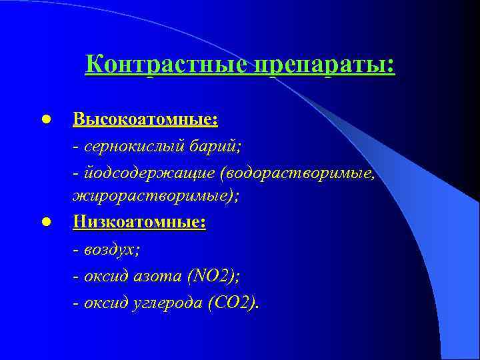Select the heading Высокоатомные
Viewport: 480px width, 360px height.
pos(145,119)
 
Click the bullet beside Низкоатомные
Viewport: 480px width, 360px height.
pos(45,223)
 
